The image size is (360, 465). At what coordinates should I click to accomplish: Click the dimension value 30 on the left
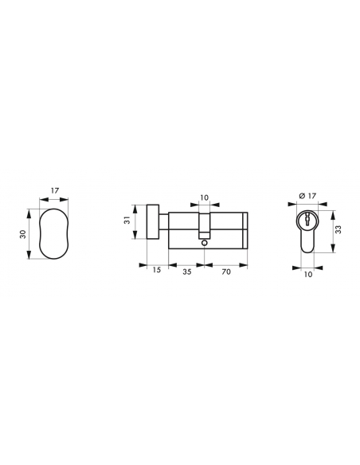(23, 234)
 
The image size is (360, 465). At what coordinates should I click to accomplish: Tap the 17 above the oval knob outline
(55, 190)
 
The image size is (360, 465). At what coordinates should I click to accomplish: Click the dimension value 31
(127, 221)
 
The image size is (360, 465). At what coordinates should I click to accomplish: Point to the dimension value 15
(157, 270)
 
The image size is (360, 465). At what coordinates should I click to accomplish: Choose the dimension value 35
(187, 272)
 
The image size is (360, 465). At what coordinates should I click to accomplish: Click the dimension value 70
(226, 272)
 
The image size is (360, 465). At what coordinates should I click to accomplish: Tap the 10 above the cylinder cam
(205, 197)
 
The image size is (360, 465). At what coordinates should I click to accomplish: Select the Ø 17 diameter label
(307, 196)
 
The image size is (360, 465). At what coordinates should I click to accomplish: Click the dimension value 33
(338, 229)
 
